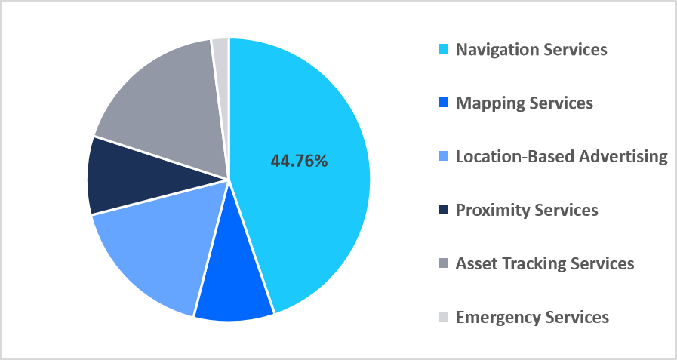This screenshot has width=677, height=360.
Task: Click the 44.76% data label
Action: (299, 161)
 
